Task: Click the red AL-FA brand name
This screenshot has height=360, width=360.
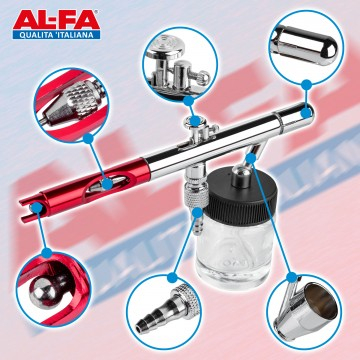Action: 57,20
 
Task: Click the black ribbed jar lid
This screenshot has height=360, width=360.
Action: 242,197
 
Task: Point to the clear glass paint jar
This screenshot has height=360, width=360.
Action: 235,253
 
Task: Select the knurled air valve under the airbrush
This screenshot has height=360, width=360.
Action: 197,193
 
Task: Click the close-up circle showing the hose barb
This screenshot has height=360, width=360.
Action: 163,311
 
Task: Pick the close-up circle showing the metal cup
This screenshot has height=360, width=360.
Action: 304,311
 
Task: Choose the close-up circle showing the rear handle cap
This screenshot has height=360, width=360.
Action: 306,47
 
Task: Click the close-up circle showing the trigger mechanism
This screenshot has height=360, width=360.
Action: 180,64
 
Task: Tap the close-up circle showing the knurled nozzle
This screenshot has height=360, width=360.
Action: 71,105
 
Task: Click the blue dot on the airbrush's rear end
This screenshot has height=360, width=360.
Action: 306,113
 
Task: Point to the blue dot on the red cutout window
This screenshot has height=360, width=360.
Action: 107,184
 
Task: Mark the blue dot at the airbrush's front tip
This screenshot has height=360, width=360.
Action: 37,208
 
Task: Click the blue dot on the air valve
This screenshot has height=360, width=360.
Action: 198,212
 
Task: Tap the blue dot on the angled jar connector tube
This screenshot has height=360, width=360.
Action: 251,158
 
